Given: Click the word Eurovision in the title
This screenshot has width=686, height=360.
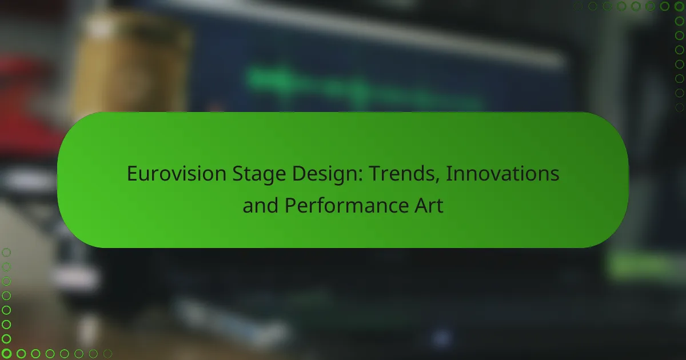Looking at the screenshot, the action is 177,174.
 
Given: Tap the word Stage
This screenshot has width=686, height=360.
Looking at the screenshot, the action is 259,174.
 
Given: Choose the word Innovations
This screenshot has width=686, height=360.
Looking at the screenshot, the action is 502,174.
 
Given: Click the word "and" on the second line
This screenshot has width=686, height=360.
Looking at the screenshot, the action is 260,205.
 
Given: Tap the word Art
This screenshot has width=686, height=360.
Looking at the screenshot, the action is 429,205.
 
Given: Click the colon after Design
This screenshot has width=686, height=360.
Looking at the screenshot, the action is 360,176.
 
